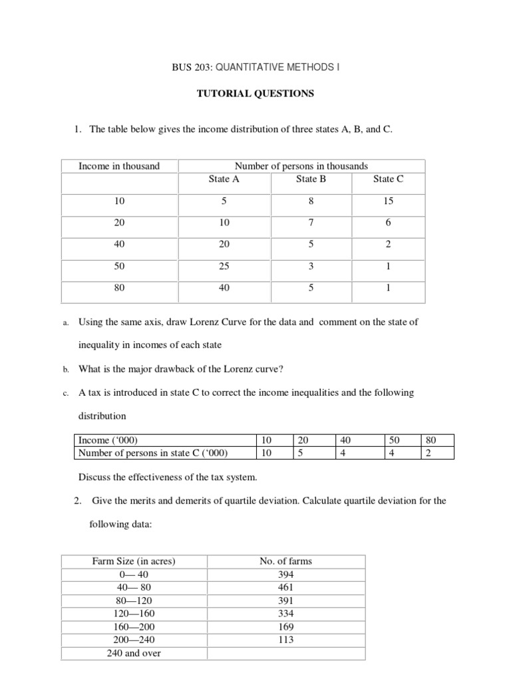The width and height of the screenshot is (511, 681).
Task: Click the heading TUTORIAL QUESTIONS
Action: click(x=255, y=94)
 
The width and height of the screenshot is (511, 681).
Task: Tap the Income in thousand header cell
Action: click(x=119, y=166)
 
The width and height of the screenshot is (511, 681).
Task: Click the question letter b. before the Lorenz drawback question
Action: click(x=66, y=369)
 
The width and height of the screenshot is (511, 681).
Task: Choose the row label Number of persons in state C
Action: click(x=153, y=454)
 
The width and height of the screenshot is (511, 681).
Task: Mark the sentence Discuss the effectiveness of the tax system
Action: click(x=167, y=477)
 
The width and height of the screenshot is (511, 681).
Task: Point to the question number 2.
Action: click(x=77, y=501)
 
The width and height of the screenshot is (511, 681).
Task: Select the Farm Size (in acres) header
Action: click(x=134, y=561)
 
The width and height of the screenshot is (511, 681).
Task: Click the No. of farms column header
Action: click(x=285, y=561)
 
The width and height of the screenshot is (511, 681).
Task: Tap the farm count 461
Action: click(x=285, y=587)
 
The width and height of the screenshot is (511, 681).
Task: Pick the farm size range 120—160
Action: click(x=134, y=613)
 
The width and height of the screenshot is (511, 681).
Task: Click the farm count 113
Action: click(x=285, y=640)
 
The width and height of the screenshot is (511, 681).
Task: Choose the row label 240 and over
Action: click(x=134, y=652)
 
